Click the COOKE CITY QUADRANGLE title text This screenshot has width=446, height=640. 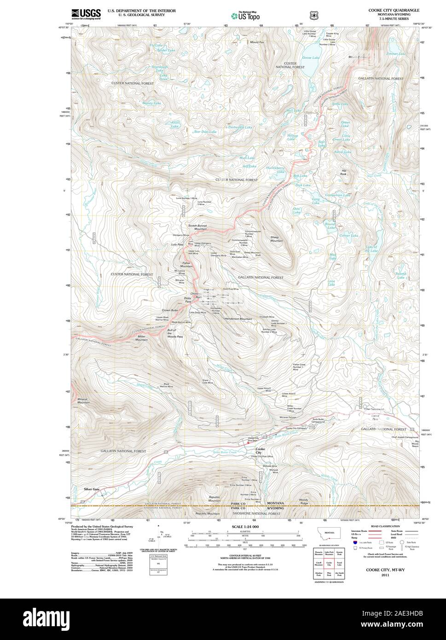(393, 10)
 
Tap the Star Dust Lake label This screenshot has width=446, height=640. (205, 132)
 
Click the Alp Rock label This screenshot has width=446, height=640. (343, 172)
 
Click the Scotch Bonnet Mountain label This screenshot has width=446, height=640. (197, 227)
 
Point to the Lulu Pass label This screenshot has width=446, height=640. (177, 244)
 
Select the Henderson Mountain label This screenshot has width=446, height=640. (238, 319)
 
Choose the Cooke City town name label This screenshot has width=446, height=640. (261, 450)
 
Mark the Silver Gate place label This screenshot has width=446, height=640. (92, 489)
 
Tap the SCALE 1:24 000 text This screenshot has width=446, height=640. (245, 526)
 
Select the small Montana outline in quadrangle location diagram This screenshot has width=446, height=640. (329, 537)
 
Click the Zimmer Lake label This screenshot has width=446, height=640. (396, 54)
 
